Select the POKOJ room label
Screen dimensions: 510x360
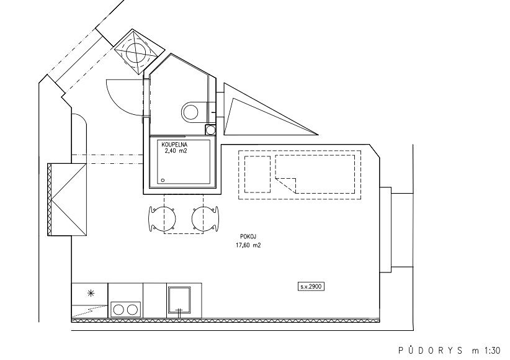[246, 237]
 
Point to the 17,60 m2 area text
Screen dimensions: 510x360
[248, 246]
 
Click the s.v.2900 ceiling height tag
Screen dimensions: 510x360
[311, 287]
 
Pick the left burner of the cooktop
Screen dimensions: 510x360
[119, 310]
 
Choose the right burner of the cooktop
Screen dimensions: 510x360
[132, 310]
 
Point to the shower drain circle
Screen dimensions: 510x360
[163, 180]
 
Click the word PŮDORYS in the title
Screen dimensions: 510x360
[431, 350]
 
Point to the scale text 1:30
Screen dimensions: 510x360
[493, 351]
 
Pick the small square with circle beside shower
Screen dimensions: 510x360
[210, 130]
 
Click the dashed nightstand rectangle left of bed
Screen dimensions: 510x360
[257, 174]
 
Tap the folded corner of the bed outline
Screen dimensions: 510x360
[285, 184]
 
